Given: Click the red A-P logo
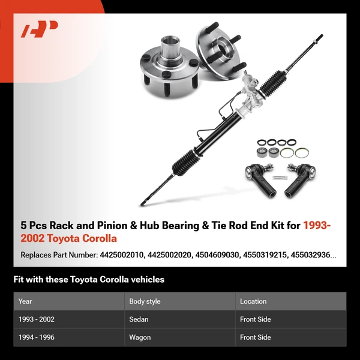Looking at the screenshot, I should (40, 29).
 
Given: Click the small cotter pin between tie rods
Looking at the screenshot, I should (279, 178).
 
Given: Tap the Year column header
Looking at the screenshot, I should (25, 301).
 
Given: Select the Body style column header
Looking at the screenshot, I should (145, 301).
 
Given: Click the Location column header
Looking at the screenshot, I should (253, 301).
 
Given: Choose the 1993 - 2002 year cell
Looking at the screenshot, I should (37, 319).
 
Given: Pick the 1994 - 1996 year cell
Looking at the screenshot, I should (37, 337).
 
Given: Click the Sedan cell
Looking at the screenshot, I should (139, 319).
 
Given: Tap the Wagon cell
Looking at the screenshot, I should (140, 337).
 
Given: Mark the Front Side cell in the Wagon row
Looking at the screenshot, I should (256, 337).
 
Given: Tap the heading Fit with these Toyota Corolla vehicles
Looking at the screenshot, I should (89, 280).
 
